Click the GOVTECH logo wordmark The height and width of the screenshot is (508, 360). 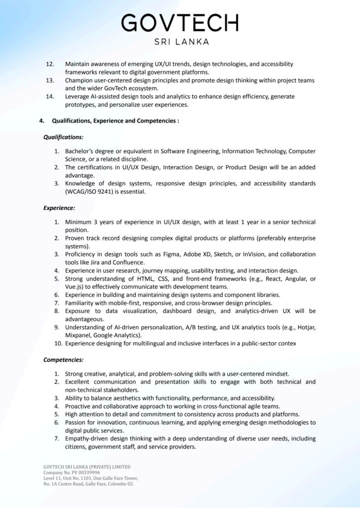[x=180, y=23]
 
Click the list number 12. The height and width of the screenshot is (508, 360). [x=50, y=64]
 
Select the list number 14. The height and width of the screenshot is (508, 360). [x=50, y=96]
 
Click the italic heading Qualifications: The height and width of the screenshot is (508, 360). [x=63, y=136]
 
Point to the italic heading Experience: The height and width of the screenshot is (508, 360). [x=59, y=208]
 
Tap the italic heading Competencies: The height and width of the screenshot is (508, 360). [x=63, y=360]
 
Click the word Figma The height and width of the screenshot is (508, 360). [x=173, y=254]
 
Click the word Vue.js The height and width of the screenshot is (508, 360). [x=75, y=287]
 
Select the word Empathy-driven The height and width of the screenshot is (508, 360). [x=86, y=439]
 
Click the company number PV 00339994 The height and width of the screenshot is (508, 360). [x=83, y=473]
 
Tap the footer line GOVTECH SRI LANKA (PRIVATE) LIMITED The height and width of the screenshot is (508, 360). [x=87, y=467]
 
